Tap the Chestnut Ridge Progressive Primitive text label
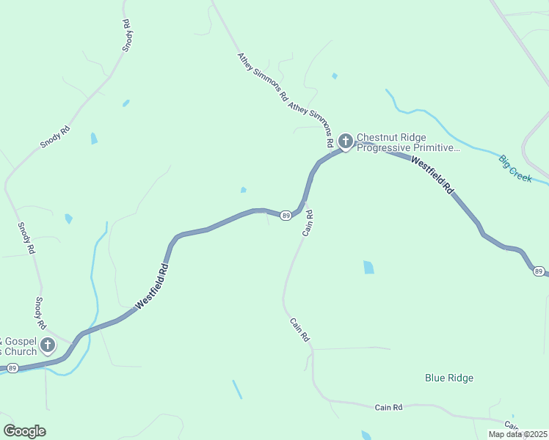(x=408, y=142)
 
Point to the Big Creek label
(x=515, y=168)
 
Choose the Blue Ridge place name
(x=449, y=378)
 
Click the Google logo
(x=24, y=431)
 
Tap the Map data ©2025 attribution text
(x=517, y=434)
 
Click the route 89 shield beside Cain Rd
(x=286, y=215)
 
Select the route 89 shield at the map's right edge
(x=539, y=271)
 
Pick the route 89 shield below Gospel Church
(x=13, y=367)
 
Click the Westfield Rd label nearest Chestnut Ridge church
(x=432, y=175)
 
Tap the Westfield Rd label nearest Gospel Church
(x=153, y=286)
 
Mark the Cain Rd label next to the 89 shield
(x=309, y=223)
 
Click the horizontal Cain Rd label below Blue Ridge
(x=388, y=407)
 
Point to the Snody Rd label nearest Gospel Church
(x=41, y=312)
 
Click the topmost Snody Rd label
(x=127, y=35)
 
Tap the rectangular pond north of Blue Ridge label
(x=368, y=268)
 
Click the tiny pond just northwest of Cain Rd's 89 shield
(x=243, y=190)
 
